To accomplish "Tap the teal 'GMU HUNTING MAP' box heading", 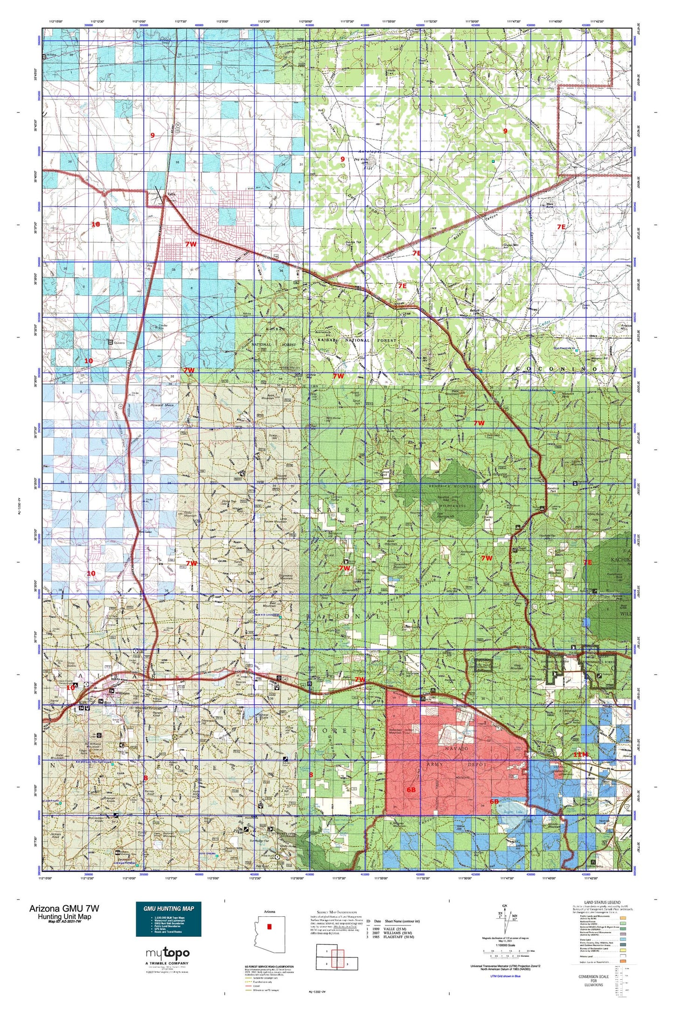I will tap(168, 908).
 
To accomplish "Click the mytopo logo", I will tap(167, 953).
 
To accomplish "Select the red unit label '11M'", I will tap(581, 754).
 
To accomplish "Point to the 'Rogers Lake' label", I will tap(512, 812).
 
